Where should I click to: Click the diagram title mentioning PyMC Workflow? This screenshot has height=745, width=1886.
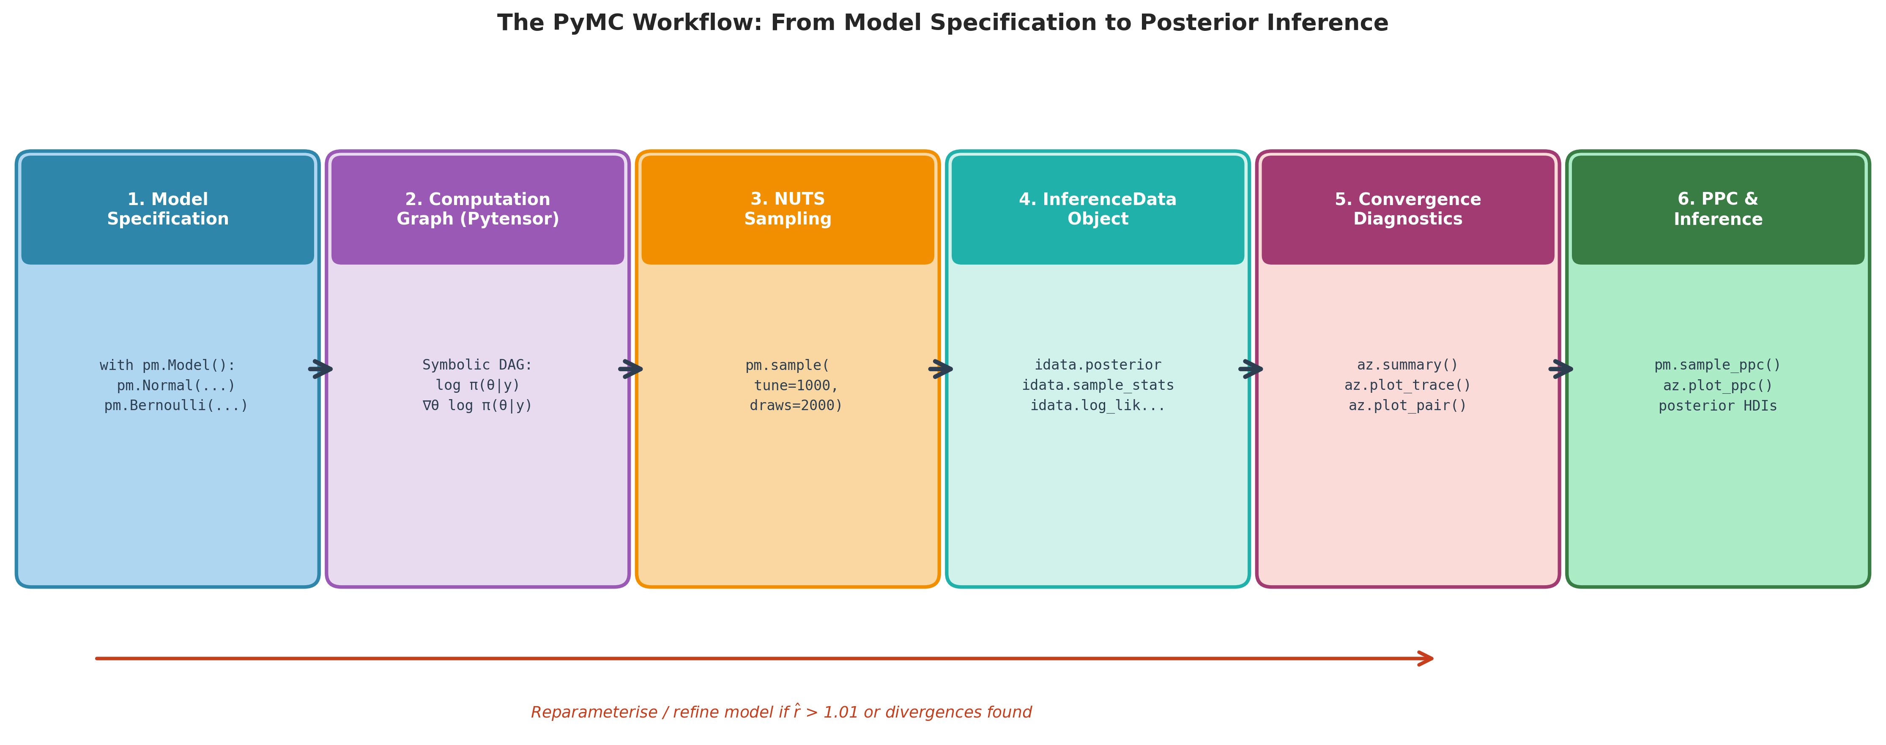coord(942,23)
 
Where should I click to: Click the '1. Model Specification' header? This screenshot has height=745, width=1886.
coord(168,209)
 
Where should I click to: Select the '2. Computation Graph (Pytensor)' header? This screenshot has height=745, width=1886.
coord(477,209)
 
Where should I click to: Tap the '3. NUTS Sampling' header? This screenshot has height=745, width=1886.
coord(788,209)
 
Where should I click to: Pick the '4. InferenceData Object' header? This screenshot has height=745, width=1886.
coord(1098,209)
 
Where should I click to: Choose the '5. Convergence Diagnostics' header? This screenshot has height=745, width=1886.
coord(1407,209)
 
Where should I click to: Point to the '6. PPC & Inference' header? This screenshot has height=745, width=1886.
coord(1718,209)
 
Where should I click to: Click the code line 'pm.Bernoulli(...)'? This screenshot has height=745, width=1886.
coord(176,405)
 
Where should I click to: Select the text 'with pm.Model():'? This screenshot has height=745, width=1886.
coord(168,365)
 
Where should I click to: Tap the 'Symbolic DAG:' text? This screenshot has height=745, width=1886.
coord(477,365)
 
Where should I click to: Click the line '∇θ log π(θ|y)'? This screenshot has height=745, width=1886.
coord(477,405)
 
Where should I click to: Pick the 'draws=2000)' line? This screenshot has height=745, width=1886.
coord(796,405)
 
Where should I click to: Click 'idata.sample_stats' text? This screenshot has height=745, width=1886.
coord(1098,385)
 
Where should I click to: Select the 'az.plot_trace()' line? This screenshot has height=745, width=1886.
coord(1407,385)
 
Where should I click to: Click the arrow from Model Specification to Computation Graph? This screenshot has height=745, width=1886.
coord(321,369)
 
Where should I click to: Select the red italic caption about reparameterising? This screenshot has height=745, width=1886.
coord(781,712)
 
